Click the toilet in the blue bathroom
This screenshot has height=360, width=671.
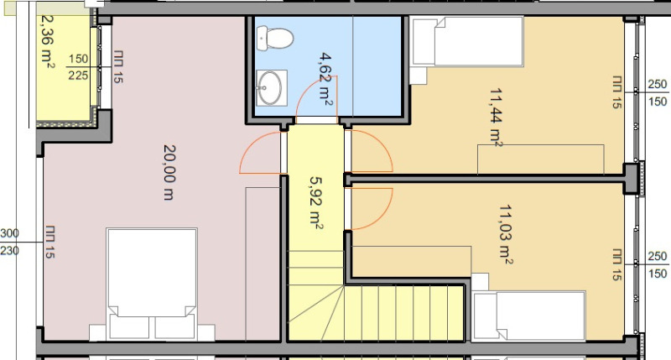[274, 38]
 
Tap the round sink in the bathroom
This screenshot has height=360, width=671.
[271, 87]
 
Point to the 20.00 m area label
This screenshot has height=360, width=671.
[167, 171]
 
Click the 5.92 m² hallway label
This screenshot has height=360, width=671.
[315, 202]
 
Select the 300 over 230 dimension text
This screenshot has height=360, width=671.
[9, 242]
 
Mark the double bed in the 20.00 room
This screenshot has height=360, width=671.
[152, 281]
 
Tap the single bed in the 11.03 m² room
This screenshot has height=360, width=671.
[528, 315]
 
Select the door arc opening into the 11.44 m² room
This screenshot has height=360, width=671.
[374, 151]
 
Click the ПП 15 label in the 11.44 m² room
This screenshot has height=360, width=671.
[616, 92]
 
